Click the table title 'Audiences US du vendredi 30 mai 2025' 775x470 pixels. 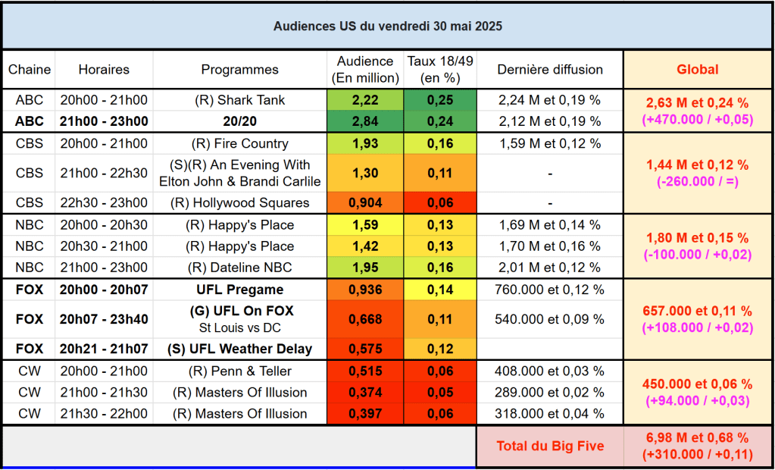(x=387, y=26)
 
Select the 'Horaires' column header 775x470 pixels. (x=104, y=70)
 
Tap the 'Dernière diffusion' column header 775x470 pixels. (x=550, y=70)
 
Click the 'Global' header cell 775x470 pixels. (x=697, y=70)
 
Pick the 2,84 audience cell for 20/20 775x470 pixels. (x=366, y=121)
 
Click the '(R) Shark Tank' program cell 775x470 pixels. (x=239, y=100)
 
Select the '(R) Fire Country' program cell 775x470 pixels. (x=239, y=144)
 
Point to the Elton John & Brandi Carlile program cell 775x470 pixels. (x=239, y=173)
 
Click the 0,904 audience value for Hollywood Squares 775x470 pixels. (x=366, y=202)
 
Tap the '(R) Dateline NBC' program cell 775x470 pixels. (x=239, y=268)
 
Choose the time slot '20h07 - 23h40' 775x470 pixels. (x=104, y=319)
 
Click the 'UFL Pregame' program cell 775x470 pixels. (x=239, y=290)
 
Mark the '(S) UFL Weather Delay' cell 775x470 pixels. (x=239, y=349)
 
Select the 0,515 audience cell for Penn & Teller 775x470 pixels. (x=366, y=371)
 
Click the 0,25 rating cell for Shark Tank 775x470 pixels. (x=440, y=100)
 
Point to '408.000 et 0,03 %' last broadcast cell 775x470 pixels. (x=550, y=371)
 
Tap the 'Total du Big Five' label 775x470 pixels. (x=550, y=446)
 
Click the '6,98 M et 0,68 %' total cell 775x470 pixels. (x=697, y=438)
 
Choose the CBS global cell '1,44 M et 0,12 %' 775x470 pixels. (x=697, y=165)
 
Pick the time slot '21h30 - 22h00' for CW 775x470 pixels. (x=104, y=414)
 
